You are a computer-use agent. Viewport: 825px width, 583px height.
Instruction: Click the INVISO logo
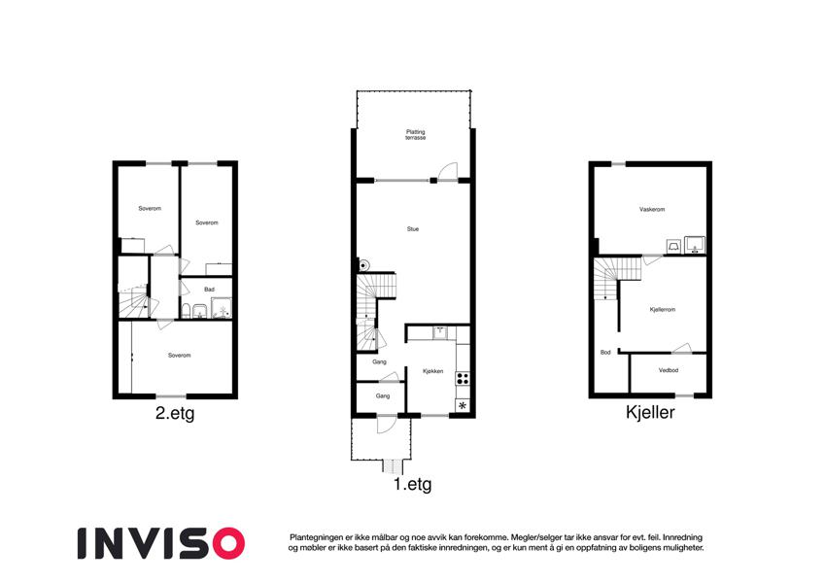point(161,543)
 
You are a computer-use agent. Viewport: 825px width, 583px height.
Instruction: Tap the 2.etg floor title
point(175,414)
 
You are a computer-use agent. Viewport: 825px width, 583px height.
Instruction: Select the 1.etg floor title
point(412,484)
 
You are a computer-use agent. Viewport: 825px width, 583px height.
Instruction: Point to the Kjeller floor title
point(650,412)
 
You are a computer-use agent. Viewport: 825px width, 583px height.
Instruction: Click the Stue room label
point(413,229)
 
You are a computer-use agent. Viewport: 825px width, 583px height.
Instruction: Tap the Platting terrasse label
point(415,135)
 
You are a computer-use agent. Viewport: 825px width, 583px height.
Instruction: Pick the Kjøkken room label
point(433,371)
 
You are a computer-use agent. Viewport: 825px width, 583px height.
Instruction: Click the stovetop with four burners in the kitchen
point(463,378)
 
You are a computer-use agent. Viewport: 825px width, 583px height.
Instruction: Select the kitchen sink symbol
point(439,332)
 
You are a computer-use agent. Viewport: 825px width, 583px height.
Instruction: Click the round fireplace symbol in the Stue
point(363,265)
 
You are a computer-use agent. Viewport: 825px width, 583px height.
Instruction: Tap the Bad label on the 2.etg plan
point(209,290)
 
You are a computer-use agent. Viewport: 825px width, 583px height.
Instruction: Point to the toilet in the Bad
point(186,311)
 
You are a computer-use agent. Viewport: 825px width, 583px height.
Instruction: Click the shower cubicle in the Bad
point(221,308)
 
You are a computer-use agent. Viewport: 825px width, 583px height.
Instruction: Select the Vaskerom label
point(652,210)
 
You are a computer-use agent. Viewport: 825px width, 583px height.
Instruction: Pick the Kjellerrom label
point(663,310)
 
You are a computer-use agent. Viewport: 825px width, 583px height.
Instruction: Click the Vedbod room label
point(669,370)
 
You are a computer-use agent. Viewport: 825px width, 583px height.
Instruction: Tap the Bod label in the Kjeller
point(605,353)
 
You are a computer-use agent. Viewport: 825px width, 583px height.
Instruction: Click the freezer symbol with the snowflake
point(463,406)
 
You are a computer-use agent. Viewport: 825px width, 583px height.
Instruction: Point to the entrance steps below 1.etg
point(393,466)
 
